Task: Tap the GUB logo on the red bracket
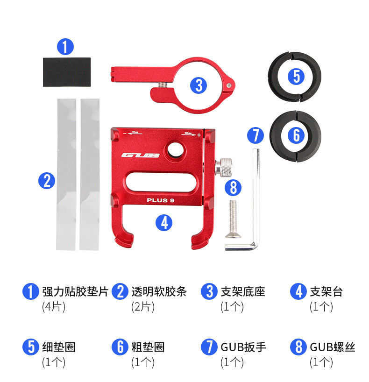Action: [x=141, y=156]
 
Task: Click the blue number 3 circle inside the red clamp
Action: [x=199, y=85]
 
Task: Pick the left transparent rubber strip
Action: [x=66, y=174]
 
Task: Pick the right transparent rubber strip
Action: [x=89, y=174]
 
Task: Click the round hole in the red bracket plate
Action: [x=178, y=149]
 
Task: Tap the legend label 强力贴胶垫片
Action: [x=75, y=292]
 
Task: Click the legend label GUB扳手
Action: [x=243, y=347]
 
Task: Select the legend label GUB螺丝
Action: [x=333, y=347]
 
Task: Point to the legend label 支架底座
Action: [x=242, y=292]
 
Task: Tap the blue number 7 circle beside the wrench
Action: [x=255, y=135]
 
